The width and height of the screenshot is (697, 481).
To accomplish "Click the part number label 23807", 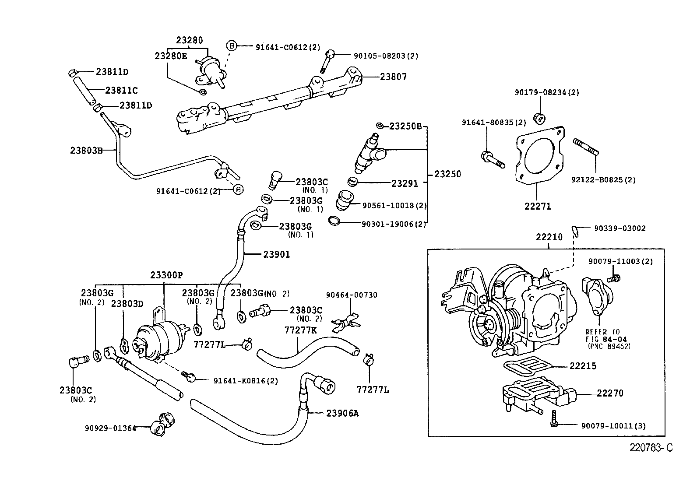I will [393, 77].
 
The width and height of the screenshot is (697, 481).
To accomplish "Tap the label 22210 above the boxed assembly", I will [549, 237].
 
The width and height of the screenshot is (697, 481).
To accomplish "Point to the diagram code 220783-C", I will [651, 448].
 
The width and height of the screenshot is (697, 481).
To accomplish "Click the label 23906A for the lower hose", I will [342, 413].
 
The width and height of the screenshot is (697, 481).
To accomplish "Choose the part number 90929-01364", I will [110, 428].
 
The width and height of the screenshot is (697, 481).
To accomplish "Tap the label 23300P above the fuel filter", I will [166, 275].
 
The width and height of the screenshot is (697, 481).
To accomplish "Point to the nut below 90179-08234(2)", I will [539, 117].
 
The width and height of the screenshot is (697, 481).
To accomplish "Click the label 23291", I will [405, 184].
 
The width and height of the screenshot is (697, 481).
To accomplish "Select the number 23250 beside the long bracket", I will [447, 174].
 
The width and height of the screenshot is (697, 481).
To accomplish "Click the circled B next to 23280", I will [232, 46].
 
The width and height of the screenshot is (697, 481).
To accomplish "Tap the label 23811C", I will [121, 91].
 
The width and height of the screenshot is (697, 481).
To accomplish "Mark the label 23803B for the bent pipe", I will [86, 150].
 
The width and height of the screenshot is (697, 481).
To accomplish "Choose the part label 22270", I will [610, 393].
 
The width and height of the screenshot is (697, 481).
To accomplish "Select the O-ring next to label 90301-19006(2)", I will [334, 221].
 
